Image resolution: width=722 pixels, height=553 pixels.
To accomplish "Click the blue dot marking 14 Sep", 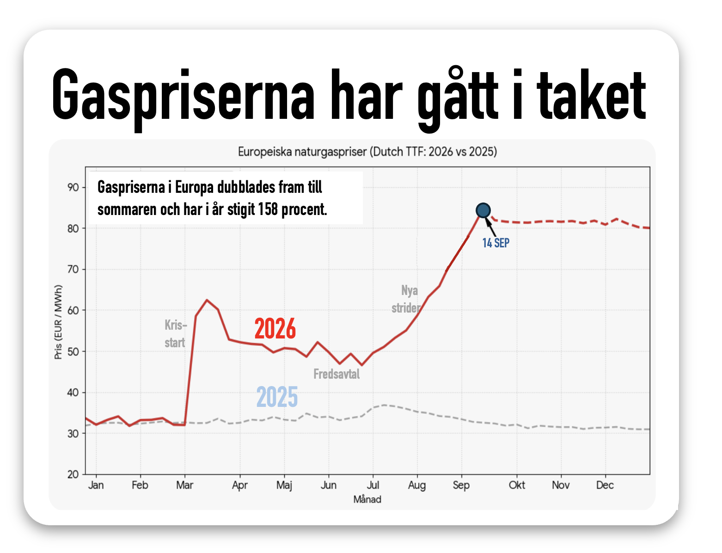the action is [483, 210].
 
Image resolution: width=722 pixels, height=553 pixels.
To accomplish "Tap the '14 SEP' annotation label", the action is [496, 243].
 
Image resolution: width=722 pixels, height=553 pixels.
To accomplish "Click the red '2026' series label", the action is [275, 328].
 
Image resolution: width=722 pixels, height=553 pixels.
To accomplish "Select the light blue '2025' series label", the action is [277, 396].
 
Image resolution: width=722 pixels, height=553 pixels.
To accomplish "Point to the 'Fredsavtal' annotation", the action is [337, 374].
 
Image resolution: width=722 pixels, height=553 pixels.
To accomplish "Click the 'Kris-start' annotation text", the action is [176, 334].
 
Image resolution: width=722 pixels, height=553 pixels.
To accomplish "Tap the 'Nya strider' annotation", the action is [406, 299].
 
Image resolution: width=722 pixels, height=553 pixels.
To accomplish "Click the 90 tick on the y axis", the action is [73, 187].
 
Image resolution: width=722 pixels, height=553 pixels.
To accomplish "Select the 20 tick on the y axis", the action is [73, 474].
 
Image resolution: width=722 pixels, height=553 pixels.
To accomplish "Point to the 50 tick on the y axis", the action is [73, 351].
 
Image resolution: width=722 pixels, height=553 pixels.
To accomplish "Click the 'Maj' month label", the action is [284, 485].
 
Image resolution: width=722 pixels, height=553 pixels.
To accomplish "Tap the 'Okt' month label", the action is [517, 485].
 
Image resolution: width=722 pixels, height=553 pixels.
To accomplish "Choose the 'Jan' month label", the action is [96, 485].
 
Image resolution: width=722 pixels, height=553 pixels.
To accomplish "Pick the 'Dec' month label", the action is [605, 485].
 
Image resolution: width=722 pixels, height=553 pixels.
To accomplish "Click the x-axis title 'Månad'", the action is [367, 499].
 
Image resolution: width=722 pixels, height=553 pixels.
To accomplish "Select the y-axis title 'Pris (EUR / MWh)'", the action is [58, 322].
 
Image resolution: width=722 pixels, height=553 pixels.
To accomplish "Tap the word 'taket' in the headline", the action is [592, 94].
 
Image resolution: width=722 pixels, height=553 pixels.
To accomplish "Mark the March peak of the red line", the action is [207, 300].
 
